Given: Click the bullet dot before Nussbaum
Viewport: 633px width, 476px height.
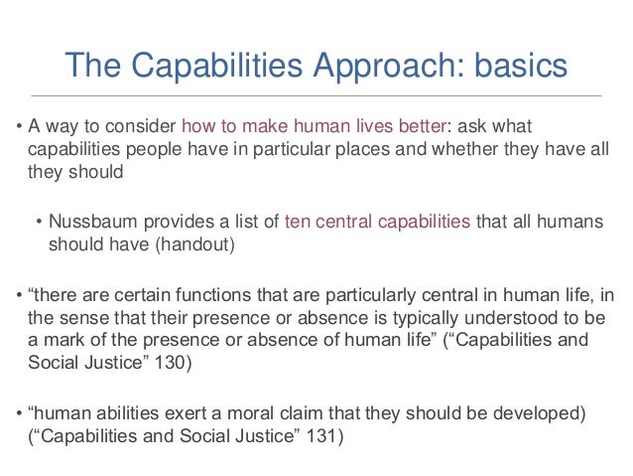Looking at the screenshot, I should pyautogui.click(x=40, y=222).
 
